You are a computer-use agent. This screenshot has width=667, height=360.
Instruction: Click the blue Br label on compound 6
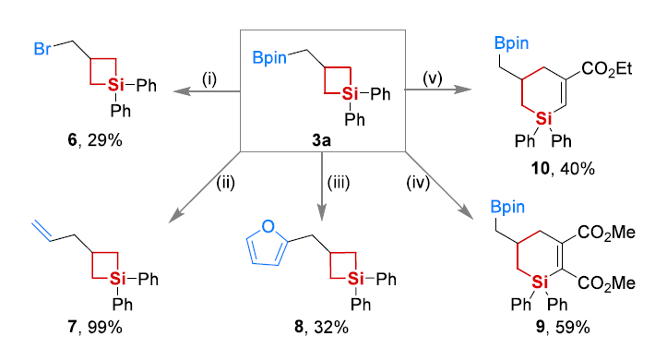[42, 49]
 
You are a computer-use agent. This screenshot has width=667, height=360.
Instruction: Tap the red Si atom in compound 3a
[350, 93]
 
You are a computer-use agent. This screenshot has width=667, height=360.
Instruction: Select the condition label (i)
[209, 79]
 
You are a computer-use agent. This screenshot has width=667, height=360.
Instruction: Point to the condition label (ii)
[225, 183]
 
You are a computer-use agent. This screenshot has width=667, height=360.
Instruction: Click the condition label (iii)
[339, 183]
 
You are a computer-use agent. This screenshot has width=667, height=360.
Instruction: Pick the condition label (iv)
[418, 183]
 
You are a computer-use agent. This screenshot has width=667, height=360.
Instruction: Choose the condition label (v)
[433, 78]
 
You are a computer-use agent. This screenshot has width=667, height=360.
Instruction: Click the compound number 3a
[322, 140]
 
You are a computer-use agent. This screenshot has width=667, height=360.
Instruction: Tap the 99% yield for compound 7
[105, 328]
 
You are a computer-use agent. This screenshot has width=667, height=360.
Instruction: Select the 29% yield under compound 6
[105, 140]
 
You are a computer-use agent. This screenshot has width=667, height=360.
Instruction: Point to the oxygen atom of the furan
[268, 226]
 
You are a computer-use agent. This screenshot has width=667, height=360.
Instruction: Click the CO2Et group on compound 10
[607, 68]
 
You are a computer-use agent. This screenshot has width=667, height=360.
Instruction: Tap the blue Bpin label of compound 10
[511, 43]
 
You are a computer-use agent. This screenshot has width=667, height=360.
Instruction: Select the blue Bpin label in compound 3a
[269, 58]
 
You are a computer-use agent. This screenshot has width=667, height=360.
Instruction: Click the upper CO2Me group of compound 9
[607, 233]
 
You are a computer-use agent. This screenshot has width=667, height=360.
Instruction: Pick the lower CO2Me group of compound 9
[607, 283]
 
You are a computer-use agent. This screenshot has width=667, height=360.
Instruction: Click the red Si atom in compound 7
[118, 279]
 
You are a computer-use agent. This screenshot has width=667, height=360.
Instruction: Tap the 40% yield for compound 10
[578, 169]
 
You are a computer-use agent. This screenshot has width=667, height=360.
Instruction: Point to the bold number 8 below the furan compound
[299, 328]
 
